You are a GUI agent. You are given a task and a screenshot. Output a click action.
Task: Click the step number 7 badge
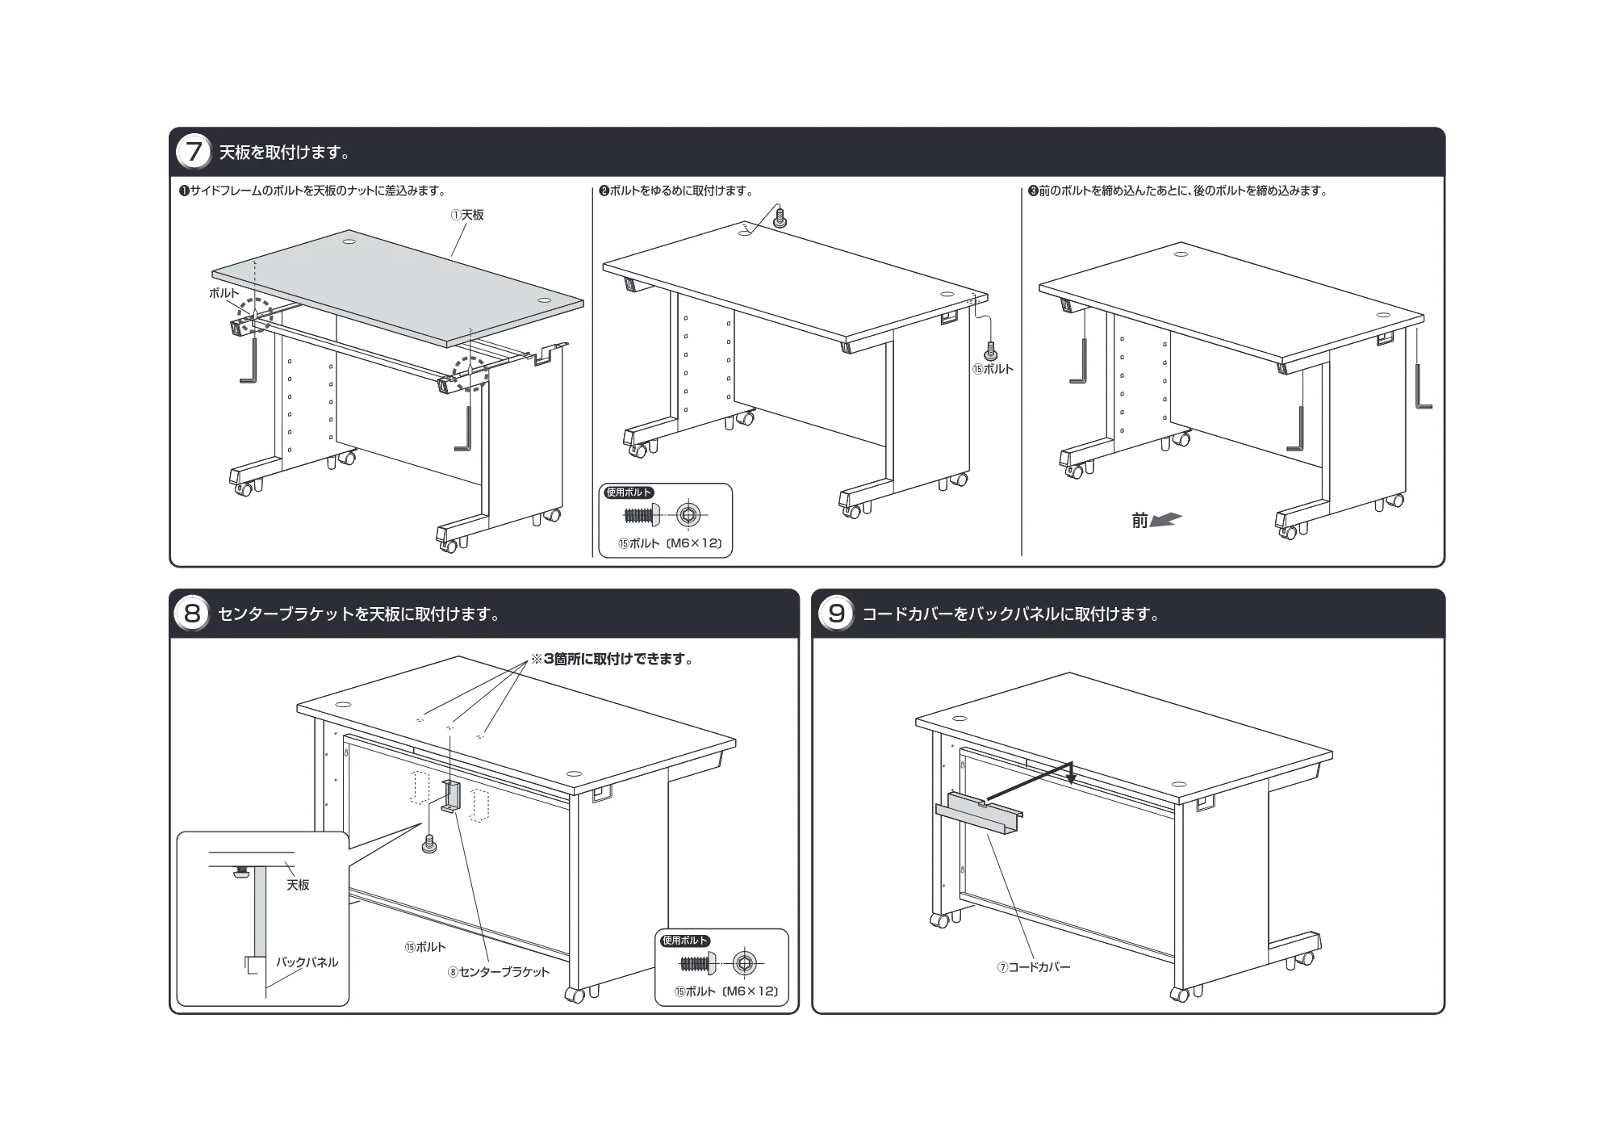click(x=193, y=152)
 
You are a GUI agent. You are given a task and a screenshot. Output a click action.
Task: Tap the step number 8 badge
click(x=192, y=614)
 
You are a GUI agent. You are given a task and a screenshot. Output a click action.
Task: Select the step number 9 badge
click(x=836, y=614)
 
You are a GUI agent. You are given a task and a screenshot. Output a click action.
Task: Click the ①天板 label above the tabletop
click(x=467, y=215)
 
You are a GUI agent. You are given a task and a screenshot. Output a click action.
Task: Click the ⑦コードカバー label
click(x=1034, y=966)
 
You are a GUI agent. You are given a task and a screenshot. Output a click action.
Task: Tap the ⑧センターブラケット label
click(x=499, y=972)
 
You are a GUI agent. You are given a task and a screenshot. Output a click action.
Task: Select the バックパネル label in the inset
click(x=307, y=962)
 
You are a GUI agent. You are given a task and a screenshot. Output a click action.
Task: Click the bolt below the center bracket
click(x=429, y=844)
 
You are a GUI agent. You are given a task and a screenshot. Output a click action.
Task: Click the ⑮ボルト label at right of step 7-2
click(x=993, y=369)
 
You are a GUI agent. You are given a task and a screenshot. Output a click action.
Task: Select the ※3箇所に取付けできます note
click(x=613, y=659)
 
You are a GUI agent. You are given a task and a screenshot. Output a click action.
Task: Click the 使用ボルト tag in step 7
click(x=629, y=492)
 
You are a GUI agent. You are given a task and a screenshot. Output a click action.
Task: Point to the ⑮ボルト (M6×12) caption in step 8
click(x=726, y=991)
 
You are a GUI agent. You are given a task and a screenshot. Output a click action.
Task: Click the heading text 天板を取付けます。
click(x=284, y=152)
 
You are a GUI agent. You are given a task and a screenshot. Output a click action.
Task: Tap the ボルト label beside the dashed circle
click(x=224, y=293)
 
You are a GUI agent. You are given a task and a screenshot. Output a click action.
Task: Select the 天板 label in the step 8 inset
click(x=298, y=885)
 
